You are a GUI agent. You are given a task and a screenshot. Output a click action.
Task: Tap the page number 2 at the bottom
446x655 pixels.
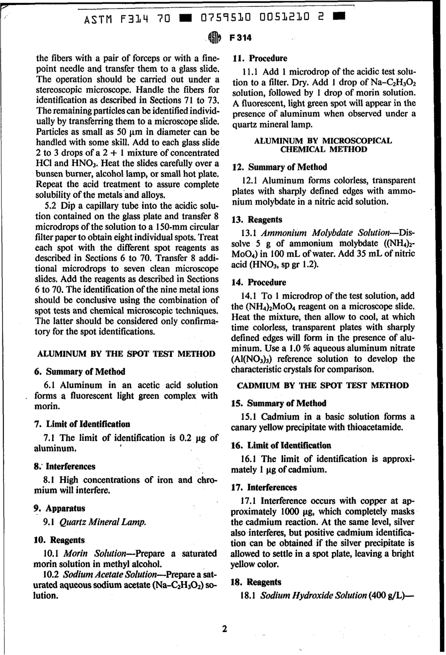(224, 629)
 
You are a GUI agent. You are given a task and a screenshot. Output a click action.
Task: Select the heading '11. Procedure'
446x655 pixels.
(260, 59)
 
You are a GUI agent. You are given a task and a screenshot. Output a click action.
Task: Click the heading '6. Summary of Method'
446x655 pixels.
(80, 371)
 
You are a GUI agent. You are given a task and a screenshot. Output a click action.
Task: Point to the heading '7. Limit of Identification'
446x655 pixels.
(82, 424)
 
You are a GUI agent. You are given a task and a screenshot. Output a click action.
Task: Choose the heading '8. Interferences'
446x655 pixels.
(65, 466)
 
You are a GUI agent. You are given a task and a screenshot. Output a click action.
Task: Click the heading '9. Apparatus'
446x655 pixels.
(60, 508)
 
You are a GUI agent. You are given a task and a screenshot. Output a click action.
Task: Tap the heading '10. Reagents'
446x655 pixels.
(60, 539)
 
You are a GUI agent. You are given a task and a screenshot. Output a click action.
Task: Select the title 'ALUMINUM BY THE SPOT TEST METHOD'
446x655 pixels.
(126, 354)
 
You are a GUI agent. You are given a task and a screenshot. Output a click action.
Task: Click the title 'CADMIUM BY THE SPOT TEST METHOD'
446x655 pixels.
(323, 385)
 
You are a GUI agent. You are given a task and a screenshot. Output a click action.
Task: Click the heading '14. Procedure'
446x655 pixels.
(260, 282)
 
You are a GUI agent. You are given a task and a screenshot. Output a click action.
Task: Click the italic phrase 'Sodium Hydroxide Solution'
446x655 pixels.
(313, 595)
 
